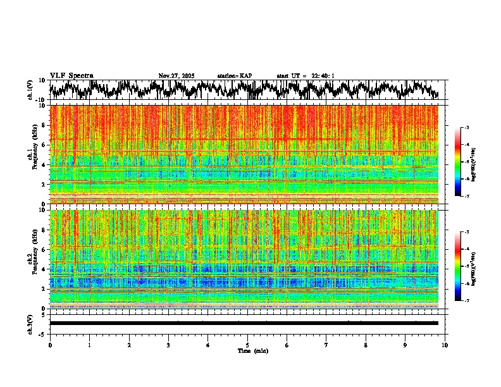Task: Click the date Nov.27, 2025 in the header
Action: coord(176,76)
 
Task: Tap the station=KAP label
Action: coord(234,76)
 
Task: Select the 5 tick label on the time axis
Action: coord(247,345)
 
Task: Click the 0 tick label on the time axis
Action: coord(50,345)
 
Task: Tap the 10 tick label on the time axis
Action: coord(445,345)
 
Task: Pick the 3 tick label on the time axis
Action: coord(168,345)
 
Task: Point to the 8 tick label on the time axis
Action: coord(366,345)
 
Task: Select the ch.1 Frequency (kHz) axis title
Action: coord(31,154)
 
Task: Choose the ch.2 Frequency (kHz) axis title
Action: coord(31,259)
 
